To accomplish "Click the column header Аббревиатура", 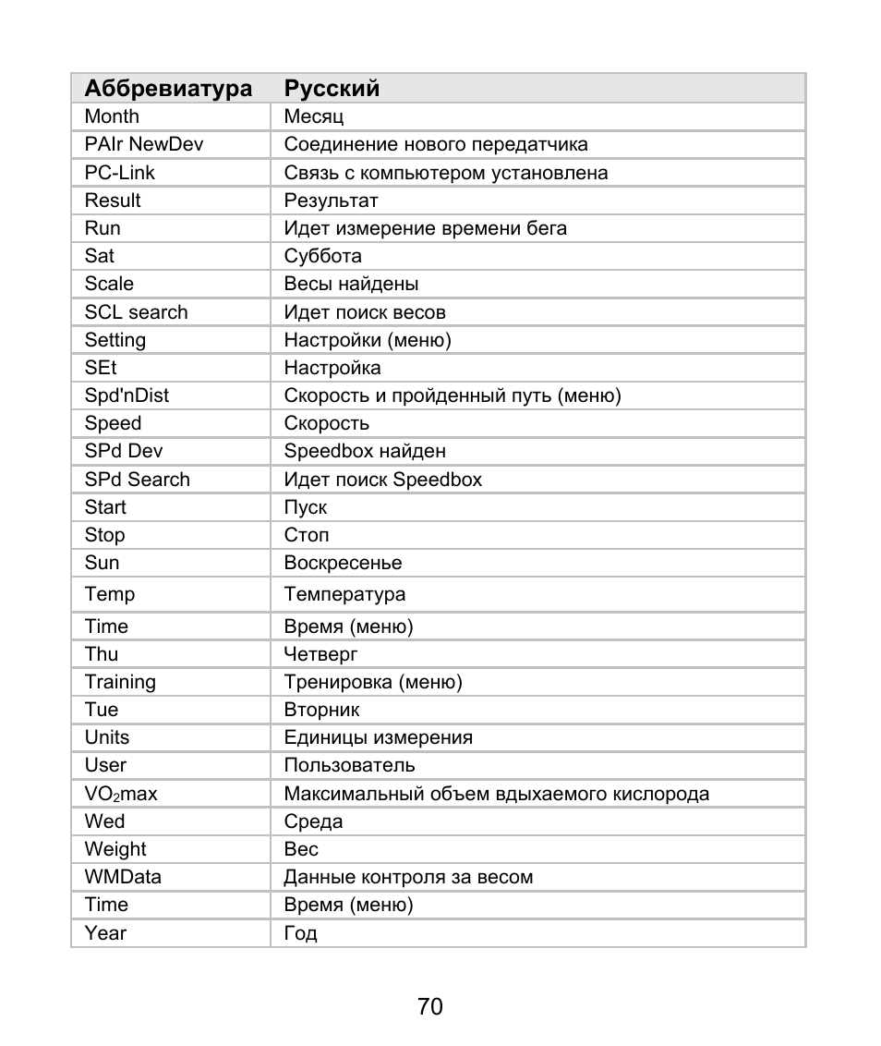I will [x=168, y=89].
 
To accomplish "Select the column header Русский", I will [x=332, y=89].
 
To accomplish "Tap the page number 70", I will [x=430, y=1006].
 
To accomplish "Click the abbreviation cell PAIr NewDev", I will [x=144, y=144].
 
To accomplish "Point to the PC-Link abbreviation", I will [x=120, y=173].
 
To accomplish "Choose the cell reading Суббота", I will [x=322, y=256].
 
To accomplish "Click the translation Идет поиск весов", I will [x=365, y=312].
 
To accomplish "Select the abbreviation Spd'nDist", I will [x=127, y=395].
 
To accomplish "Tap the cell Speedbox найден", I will [x=365, y=451].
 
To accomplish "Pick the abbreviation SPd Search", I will [x=137, y=480].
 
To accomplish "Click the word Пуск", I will [x=305, y=507].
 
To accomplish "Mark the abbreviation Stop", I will [x=104, y=535].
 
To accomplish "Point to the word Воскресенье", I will [x=343, y=563].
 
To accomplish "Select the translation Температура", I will [x=344, y=594].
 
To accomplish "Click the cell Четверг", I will [x=320, y=654].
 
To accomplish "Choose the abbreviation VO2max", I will [x=121, y=794].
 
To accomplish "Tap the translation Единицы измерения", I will [x=378, y=737].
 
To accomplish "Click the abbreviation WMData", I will [x=123, y=877].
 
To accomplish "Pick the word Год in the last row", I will [x=300, y=933].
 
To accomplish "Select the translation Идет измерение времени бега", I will [x=425, y=228].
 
